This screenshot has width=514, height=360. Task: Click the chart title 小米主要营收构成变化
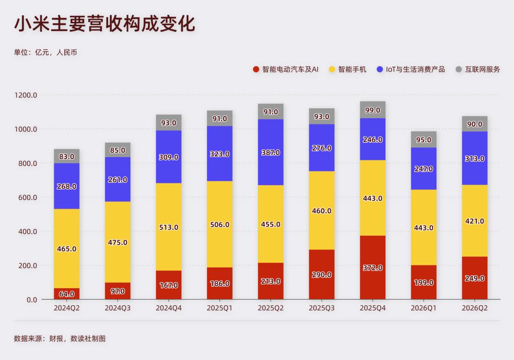point(105,23)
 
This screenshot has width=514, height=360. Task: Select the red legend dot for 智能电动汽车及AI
point(256,69)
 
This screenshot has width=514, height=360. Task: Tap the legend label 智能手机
point(352,69)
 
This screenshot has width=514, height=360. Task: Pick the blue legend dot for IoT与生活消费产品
point(380,69)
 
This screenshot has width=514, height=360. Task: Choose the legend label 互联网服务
point(483,69)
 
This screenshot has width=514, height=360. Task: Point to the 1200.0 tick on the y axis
point(26,95)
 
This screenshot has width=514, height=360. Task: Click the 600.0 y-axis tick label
point(28,197)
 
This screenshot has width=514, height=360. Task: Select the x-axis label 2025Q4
point(372,308)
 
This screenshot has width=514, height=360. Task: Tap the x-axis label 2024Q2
point(67,308)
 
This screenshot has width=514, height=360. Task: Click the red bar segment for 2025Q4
point(372,268)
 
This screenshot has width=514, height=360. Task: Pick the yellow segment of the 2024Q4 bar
point(168,227)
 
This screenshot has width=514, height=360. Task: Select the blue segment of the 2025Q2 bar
point(270,152)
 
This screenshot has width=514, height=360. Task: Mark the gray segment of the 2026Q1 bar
point(424,140)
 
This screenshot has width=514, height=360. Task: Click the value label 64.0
point(67,294)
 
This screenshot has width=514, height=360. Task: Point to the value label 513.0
point(168,227)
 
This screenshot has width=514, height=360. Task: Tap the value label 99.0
point(372,110)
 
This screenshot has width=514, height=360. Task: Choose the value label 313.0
point(474,159)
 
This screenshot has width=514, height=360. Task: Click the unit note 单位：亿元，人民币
point(46,52)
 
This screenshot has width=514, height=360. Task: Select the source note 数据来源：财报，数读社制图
point(59,339)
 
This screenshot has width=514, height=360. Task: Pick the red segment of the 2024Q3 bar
point(118,291)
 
